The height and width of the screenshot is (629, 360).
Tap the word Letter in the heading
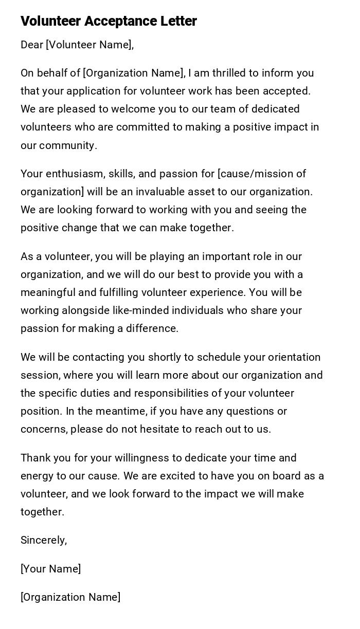click(178, 22)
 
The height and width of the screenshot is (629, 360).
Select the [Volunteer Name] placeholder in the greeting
click(89, 45)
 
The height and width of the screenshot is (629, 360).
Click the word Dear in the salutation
click(32, 45)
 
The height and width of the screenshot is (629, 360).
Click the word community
click(68, 145)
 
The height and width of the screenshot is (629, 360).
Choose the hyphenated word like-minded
click(141, 311)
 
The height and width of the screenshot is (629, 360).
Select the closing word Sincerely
click(44, 541)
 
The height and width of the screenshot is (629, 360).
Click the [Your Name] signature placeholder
click(50, 569)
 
